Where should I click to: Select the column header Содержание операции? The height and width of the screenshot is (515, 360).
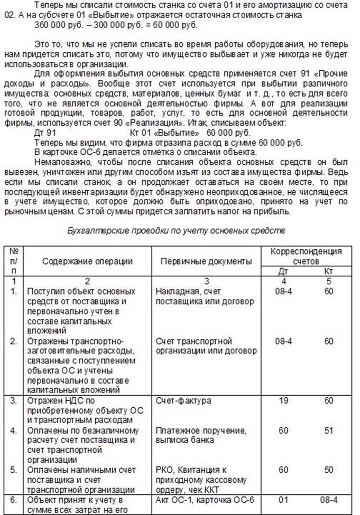pos(87,261)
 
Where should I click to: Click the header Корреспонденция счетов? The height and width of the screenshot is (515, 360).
pos(306,256)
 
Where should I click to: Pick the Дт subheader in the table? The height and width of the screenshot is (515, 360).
pos(283,271)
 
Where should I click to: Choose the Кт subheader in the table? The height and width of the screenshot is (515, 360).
pos(329,271)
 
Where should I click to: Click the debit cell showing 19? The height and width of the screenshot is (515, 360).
pos(283,401)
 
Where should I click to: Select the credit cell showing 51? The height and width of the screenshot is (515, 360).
pos(329,430)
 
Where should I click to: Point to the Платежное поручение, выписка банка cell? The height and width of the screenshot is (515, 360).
pos(201,435)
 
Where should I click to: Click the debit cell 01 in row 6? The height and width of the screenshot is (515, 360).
pos(283,500)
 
